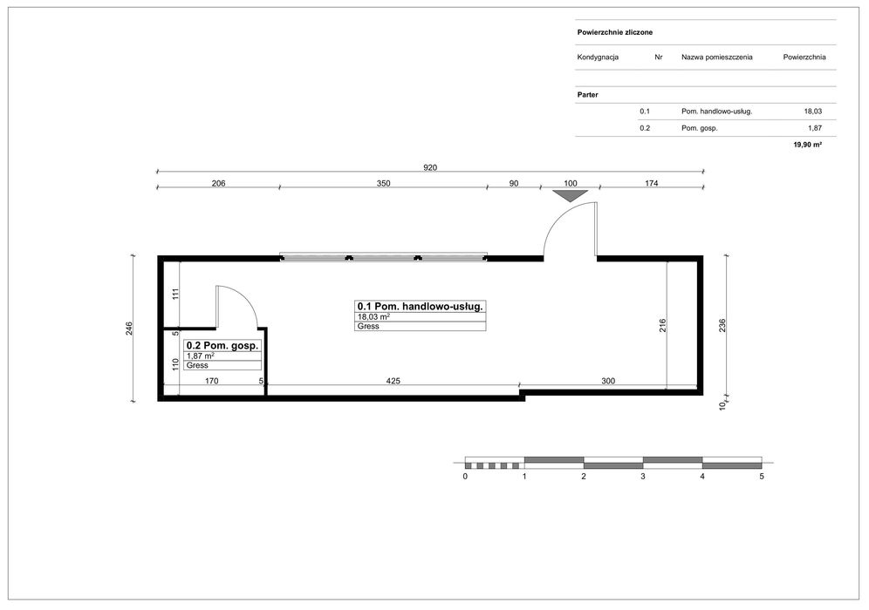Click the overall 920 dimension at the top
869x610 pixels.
click(x=430, y=167)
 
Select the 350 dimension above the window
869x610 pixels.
click(x=384, y=183)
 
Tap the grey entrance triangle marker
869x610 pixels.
click(x=571, y=196)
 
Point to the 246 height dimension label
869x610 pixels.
click(x=128, y=329)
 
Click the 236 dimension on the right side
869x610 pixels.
click(x=722, y=326)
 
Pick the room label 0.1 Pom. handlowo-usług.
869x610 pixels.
click(x=420, y=306)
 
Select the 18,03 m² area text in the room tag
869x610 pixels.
click(x=373, y=316)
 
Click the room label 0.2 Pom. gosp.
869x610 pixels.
click(x=222, y=345)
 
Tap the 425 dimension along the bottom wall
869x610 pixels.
click(x=393, y=381)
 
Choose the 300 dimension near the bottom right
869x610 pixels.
click(x=608, y=381)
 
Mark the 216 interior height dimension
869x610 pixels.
click(x=662, y=326)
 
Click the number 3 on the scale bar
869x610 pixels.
click(x=643, y=476)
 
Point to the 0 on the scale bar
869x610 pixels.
click(x=465, y=476)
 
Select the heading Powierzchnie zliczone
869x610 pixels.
click(x=614, y=32)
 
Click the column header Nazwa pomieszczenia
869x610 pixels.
click(x=716, y=57)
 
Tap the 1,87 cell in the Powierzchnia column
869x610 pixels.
click(x=815, y=128)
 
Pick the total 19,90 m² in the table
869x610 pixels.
click(x=807, y=145)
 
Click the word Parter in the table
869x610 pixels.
click(x=587, y=95)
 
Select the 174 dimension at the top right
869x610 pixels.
click(x=651, y=183)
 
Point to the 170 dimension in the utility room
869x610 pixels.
click(x=212, y=381)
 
